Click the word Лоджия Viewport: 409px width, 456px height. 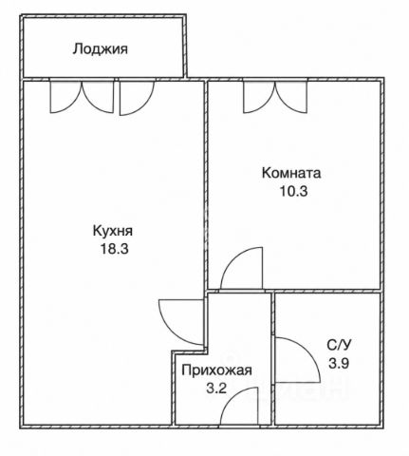101,49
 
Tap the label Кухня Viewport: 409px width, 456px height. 113,231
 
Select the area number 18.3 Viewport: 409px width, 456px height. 114,249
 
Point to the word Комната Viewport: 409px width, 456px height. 291,173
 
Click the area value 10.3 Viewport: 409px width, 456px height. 293,191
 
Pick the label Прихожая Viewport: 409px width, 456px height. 216,370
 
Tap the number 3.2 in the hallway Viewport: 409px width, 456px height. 216,388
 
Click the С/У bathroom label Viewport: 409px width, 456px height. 339,345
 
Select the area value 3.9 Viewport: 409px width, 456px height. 339,363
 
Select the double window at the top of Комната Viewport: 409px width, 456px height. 275,97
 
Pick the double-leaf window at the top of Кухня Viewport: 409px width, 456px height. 82,97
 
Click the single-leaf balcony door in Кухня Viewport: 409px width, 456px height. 137,98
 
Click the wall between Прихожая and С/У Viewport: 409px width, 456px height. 273,359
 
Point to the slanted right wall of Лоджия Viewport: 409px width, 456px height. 185,47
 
